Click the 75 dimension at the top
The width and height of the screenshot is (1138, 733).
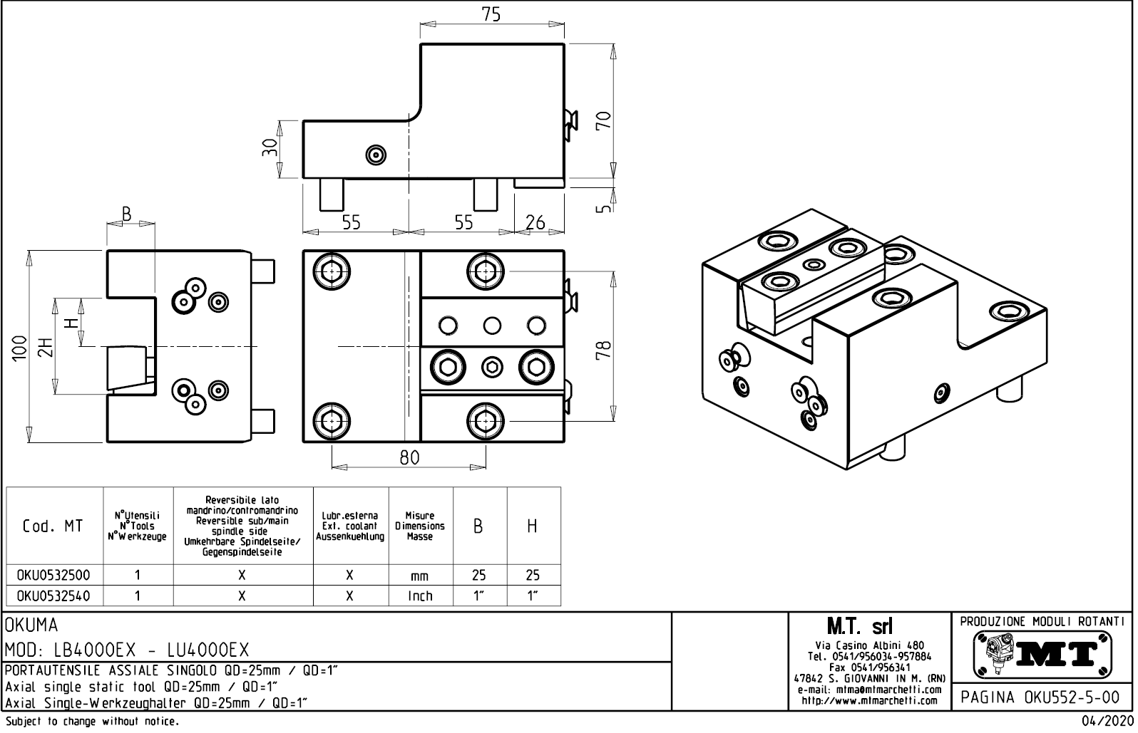pos(491,15)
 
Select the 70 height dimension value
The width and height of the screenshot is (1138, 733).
pos(603,120)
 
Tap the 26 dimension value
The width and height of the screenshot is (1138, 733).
pos(535,222)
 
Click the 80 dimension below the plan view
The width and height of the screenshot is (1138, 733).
pos(409,457)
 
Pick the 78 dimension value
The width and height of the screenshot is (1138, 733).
pos(603,349)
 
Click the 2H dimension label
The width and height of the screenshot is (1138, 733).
pos(46,348)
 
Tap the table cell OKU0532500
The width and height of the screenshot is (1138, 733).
pos(53,576)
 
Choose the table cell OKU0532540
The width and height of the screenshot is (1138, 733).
pos(53,596)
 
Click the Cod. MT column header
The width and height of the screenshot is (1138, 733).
pos(53,526)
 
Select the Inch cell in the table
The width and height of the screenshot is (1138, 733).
pos(420,596)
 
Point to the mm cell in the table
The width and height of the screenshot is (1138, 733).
pos(420,576)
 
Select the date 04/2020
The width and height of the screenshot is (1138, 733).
pos(1107,722)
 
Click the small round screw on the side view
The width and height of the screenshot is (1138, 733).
pos(375,154)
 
